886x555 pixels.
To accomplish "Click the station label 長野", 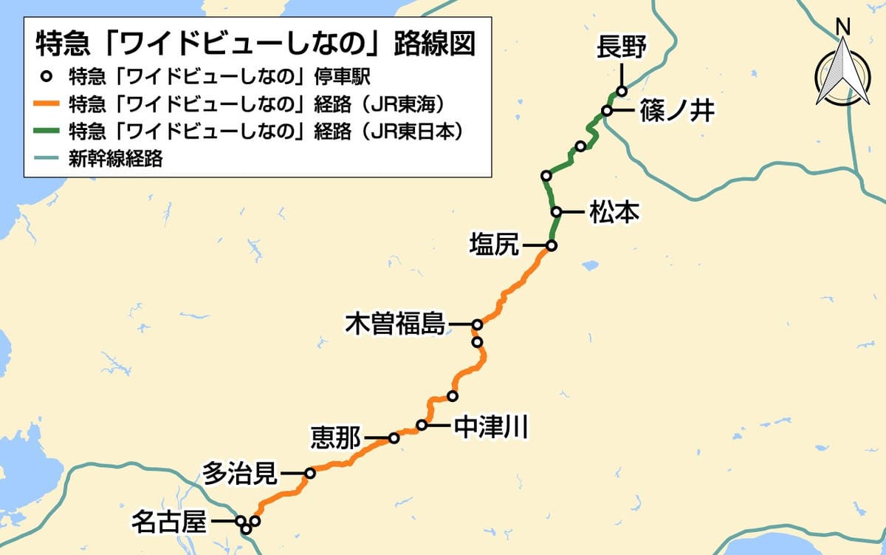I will [x=621, y=49].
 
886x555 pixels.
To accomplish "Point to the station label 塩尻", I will [x=495, y=245].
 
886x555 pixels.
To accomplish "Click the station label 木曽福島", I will [x=395, y=324].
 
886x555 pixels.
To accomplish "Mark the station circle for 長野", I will [x=622, y=92].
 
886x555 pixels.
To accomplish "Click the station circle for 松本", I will [x=556, y=212].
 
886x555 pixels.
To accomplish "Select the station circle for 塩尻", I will [x=551, y=245].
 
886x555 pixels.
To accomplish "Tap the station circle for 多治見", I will [x=310, y=472].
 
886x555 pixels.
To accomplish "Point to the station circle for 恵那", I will [x=394, y=438].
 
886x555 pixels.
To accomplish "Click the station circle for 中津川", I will [x=422, y=425].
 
